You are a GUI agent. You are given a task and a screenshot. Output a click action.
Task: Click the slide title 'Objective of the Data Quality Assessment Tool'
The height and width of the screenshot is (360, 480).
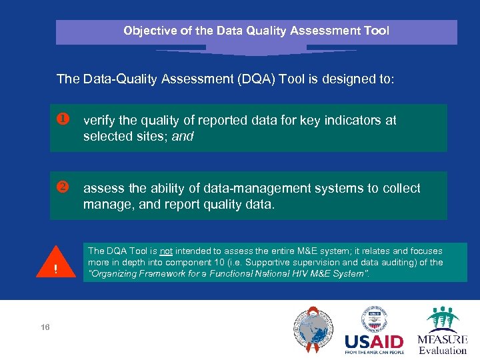coord(256,31)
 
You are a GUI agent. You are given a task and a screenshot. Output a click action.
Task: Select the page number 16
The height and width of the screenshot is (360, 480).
coord(45,327)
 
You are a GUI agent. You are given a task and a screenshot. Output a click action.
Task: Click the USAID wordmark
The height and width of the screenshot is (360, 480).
coord(374,343)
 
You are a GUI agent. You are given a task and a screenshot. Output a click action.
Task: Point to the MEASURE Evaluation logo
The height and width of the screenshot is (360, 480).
coord(443,331)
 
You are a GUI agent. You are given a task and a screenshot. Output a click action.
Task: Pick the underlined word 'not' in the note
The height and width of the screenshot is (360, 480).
coord(166,251)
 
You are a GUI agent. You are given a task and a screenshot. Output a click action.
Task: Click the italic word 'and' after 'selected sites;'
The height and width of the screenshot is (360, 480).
coord(183,137)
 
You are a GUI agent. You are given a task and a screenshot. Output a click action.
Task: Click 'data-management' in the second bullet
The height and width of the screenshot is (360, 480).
coord(223,188)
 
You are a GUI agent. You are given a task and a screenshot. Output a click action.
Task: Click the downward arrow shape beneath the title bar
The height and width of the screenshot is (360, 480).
coord(256,50)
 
